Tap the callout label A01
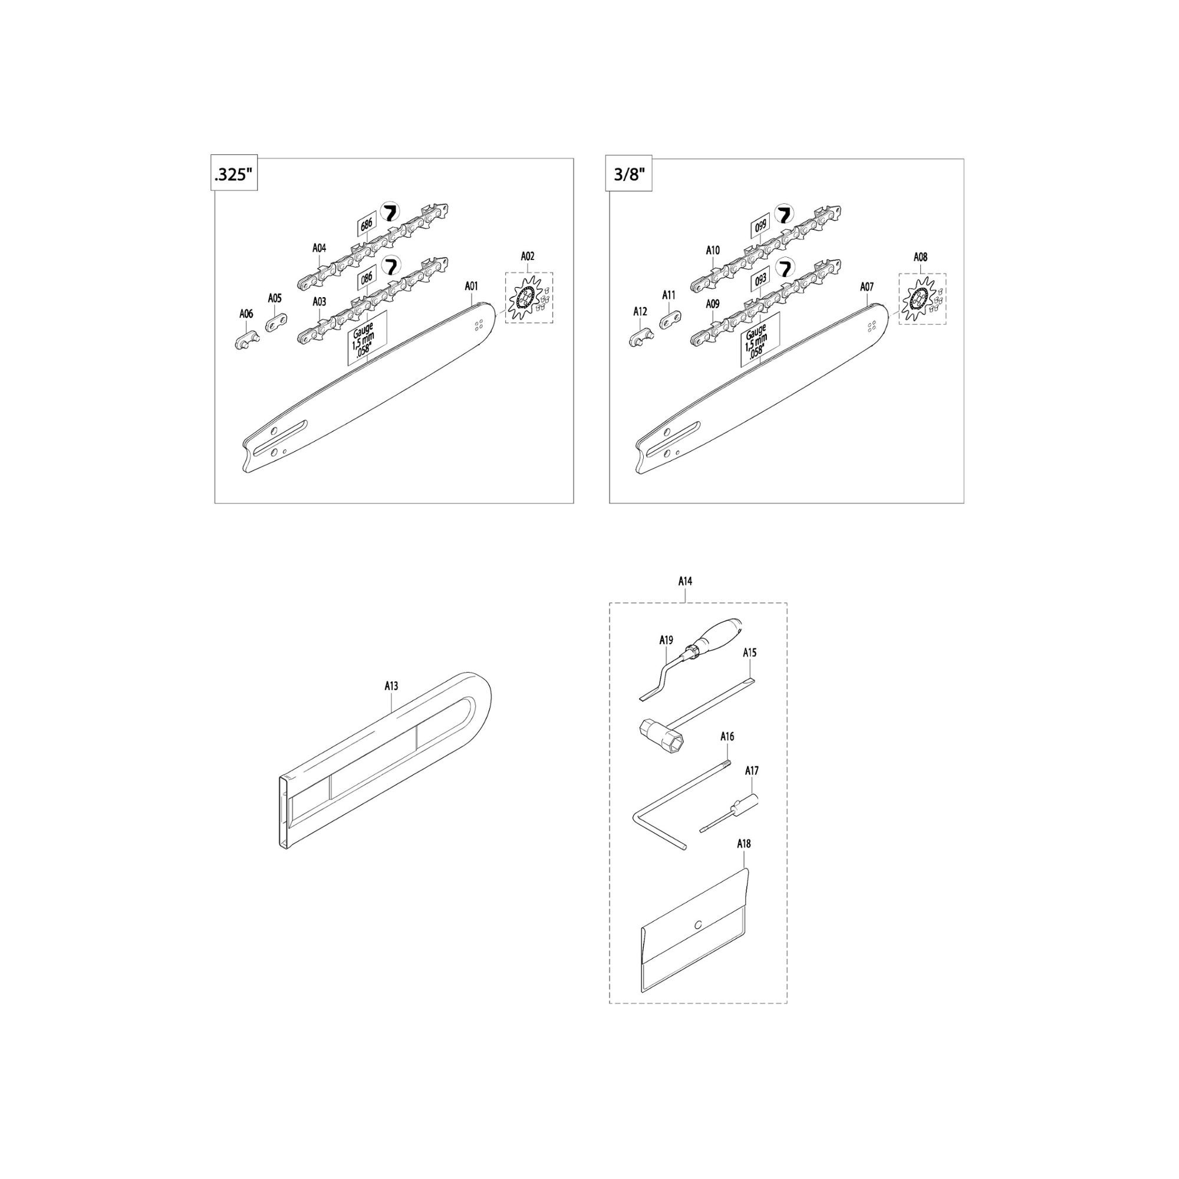pos(472,285)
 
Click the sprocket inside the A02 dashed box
pos(525,298)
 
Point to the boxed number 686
pos(366,225)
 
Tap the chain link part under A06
pos(246,340)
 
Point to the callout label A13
pos(391,686)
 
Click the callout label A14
pos(686,582)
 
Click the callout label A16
pos(727,736)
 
